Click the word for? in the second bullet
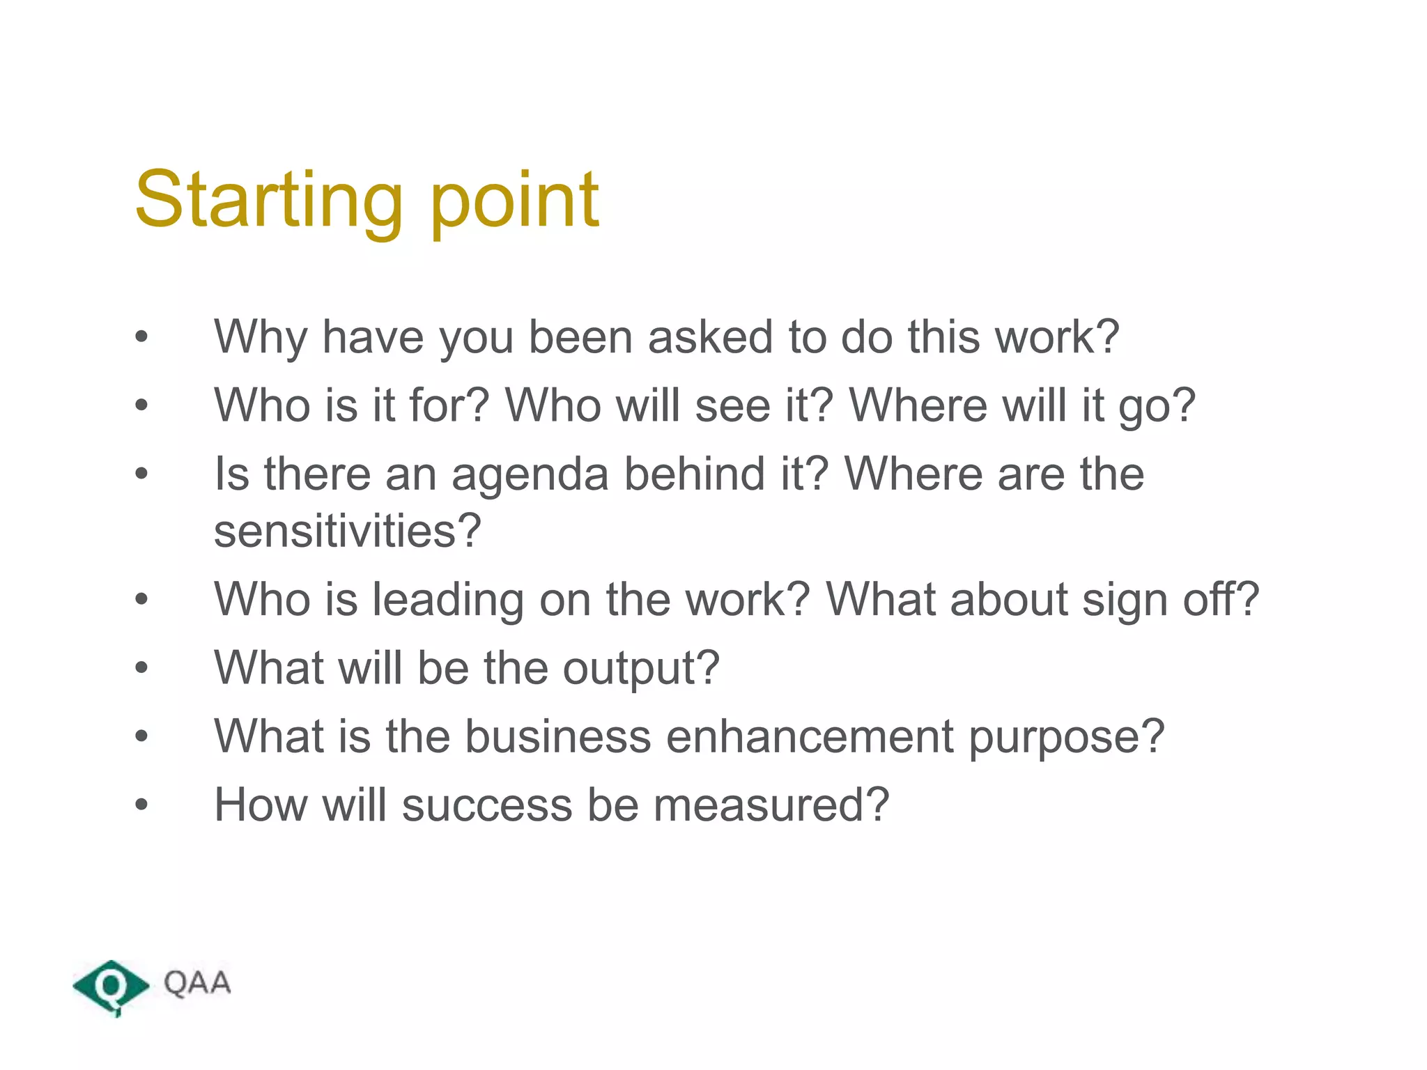(449, 405)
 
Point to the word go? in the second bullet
(1157, 408)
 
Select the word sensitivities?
(347, 531)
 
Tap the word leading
(447, 600)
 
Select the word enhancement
(810, 736)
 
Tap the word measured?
(771, 805)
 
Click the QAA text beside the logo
(197, 983)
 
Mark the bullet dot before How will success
(141, 805)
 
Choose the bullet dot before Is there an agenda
(141, 474)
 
